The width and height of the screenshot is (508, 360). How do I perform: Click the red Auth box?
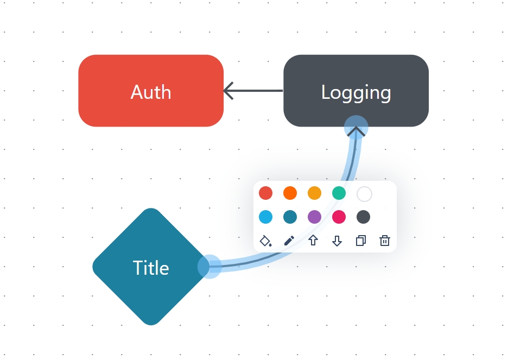[151, 91]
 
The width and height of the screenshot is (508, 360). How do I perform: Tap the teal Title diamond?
[151, 267]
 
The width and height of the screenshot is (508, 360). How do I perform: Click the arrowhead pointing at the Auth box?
[229, 91]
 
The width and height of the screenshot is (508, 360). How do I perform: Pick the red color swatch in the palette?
[265, 193]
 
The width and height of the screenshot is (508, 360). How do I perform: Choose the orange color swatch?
[290, 193]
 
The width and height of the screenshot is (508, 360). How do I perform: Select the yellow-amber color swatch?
[314, 193]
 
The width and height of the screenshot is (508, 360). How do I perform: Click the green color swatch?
[339, 193]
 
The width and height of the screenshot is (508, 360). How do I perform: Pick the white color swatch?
[364, 193]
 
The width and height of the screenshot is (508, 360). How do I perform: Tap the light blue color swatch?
[265, 217]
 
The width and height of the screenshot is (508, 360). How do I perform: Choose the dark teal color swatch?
[290, 217]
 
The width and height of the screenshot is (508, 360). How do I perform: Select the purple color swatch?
[314, 217]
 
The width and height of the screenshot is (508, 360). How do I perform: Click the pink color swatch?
[339, 217]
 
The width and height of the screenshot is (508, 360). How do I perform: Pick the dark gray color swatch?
[364, 217]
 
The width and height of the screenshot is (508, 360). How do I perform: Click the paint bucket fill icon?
[265, 241]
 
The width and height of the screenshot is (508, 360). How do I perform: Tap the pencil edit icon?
[289, 241]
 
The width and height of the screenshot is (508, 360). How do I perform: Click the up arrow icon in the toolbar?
[313, 241]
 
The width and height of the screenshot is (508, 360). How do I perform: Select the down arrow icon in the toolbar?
[337, 241]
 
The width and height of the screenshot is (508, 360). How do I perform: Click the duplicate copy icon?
[361, 241]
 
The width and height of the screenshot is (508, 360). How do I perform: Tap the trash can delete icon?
[385, 241]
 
